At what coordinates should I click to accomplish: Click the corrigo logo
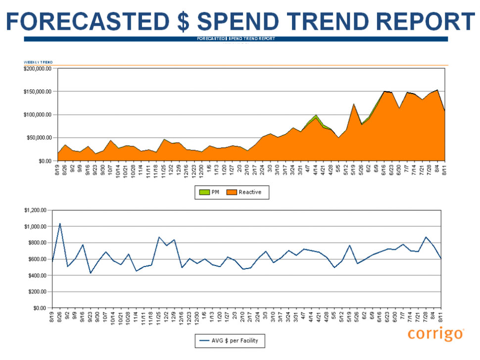click(x=436, y=334)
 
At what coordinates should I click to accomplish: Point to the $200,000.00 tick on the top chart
click(x=37, y=69)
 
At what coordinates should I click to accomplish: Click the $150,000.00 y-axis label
click(x=37, y=92)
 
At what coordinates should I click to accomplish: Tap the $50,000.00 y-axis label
click(x=38, y=138)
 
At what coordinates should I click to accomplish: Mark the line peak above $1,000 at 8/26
click(x=60, y=224)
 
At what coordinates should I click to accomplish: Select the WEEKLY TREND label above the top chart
click(x=38, y=62)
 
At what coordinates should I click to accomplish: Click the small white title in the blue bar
click(x=236, y=39)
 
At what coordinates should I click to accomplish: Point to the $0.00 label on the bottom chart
click(x=39, y=308)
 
